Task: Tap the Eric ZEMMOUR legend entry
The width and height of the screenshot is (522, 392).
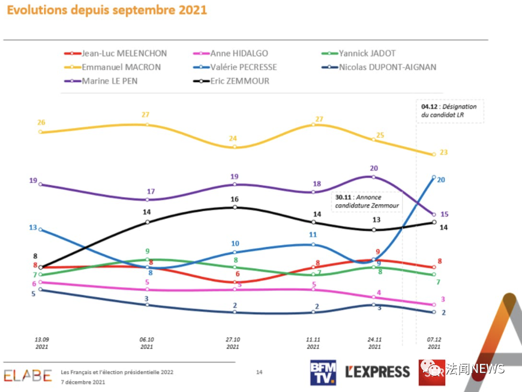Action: [241, 81]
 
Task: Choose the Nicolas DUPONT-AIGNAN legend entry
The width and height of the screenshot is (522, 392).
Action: [387, 67]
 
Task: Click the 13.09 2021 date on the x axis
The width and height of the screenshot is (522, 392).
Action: [41, 343]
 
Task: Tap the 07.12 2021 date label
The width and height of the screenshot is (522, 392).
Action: [433, 343]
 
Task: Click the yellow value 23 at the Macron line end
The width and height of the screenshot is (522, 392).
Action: [443, 152]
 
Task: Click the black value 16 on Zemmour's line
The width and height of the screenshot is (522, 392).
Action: [235, 199]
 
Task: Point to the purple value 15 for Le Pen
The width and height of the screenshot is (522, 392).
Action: [444, 214]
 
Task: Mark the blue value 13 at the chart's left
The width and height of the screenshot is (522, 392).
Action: [33, 227]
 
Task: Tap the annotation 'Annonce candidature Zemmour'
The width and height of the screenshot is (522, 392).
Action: [367, 201]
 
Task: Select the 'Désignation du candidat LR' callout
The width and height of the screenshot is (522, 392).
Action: [450, 111]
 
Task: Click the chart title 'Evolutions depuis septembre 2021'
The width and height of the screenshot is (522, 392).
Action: [107, 10]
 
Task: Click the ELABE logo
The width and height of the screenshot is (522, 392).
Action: [27, 376]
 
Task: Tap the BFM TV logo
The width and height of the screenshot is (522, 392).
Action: [323, 372]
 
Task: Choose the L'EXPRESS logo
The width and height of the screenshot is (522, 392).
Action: [378, 372]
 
